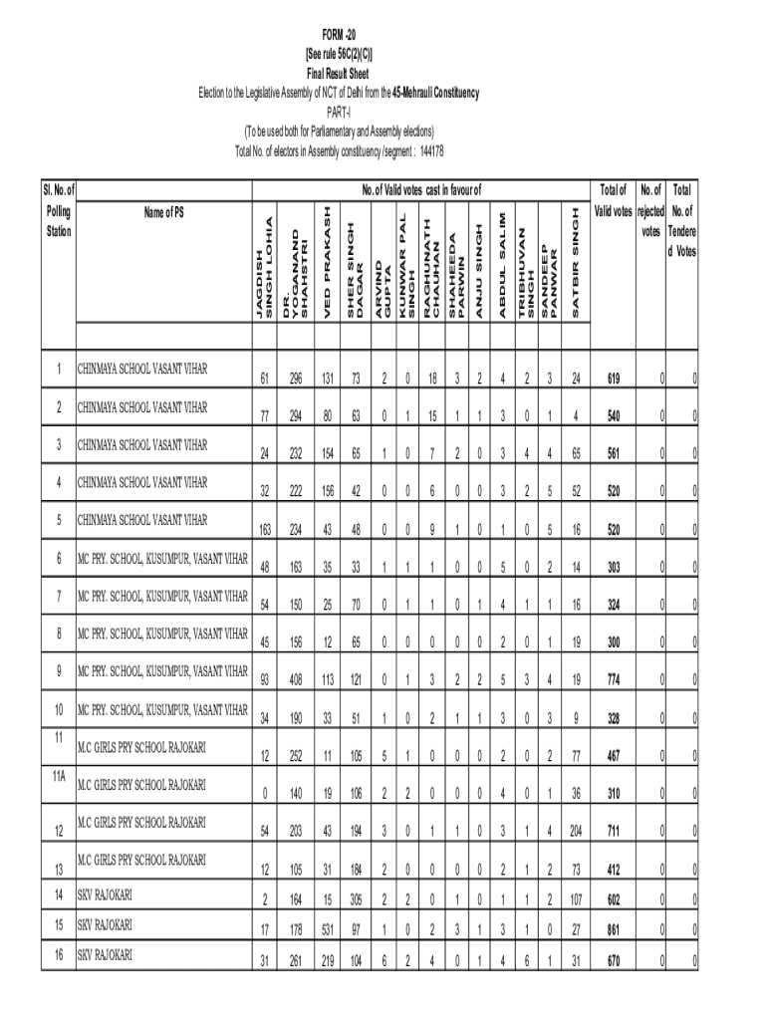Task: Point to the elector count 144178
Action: (431, 150)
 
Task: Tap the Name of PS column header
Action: (163, 211)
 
